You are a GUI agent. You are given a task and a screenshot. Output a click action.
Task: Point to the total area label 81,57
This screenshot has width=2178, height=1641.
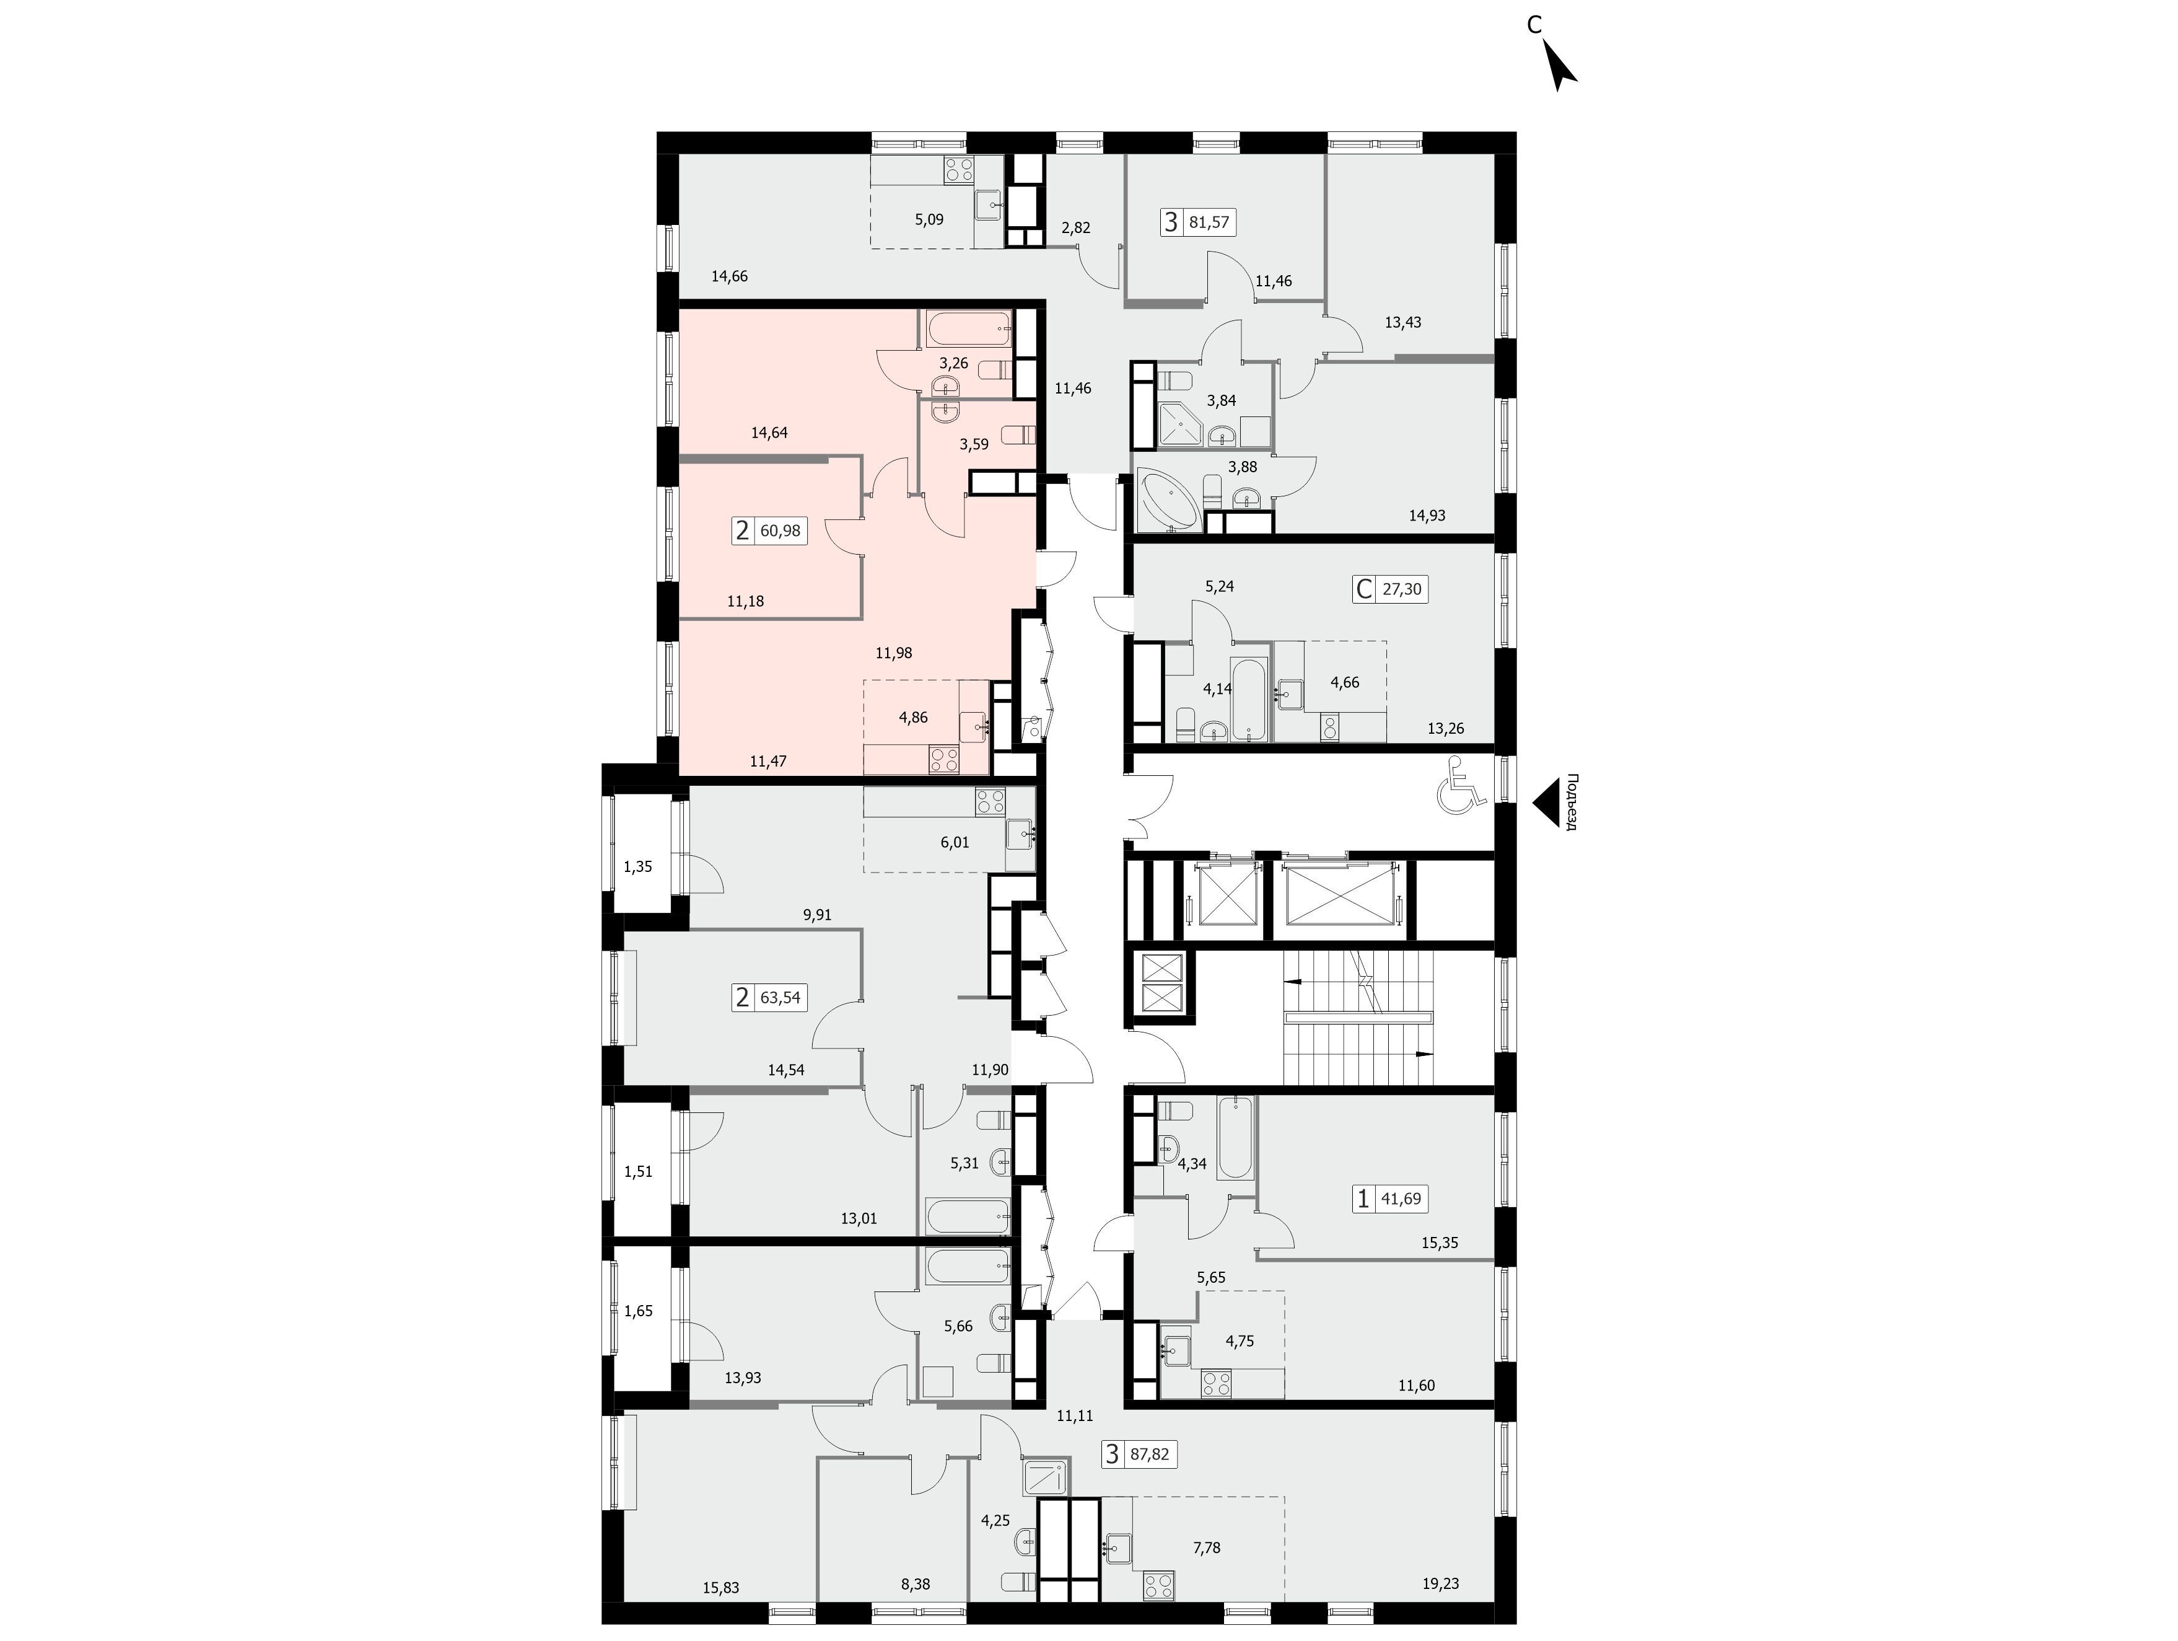click(x=1209, y=222)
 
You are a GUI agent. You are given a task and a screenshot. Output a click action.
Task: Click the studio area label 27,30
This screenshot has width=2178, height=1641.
click(x=1402, y=589)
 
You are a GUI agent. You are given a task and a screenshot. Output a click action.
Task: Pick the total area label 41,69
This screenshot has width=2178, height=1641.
click(x=1401, y=1199)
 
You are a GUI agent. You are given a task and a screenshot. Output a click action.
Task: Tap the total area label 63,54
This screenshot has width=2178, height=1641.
click(x=781, y=998)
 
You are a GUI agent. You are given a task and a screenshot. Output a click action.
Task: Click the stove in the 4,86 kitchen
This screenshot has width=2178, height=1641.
click(x=944, y=759)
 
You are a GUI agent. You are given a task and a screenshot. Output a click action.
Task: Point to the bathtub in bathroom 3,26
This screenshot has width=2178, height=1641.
click(x=967, y=328)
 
